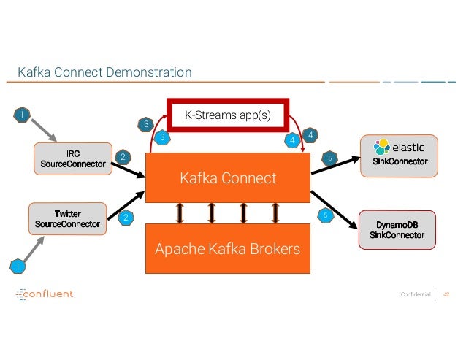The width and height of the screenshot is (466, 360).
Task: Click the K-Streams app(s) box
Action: click(x=228, y=115)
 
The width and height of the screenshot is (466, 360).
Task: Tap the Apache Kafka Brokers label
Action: click(x=228, y=249)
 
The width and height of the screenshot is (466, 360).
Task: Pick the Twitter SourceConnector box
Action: click(x=68, y=218)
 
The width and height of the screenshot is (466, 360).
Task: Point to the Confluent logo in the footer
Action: click(x=45, y=294)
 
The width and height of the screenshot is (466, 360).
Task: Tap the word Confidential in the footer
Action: click(x=414, y=294)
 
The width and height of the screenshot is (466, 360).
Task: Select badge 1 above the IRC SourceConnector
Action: click(x=23, y=114)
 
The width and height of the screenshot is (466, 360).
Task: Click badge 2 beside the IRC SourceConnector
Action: click(x=123, y=156)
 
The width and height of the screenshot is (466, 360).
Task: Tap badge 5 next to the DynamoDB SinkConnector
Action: click(x=325, y=215)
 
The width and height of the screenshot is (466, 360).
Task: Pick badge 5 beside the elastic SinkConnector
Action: click(x=329, y=156)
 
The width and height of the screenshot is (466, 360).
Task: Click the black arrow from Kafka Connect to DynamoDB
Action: click(x=334, y=208)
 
